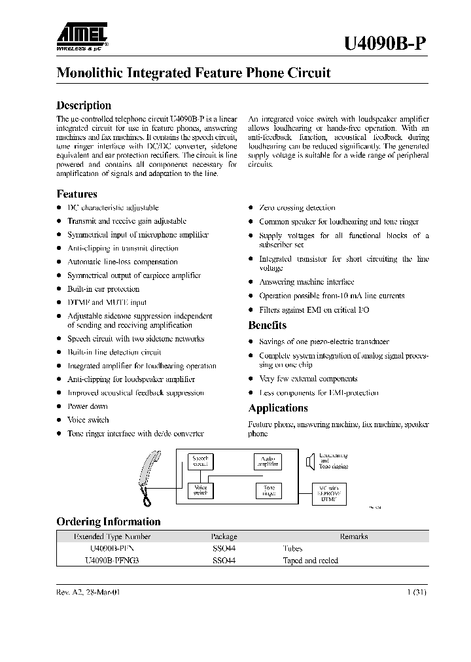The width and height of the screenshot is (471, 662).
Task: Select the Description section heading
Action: click(84, 105)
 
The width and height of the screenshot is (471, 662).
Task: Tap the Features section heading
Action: click(77, 194)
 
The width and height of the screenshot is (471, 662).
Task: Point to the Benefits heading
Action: click(267, 325)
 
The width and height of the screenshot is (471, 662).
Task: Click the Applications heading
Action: click(277, 408)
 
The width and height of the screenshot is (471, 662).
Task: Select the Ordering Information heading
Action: click(108, 521)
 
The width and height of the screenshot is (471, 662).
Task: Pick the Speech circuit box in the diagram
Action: click(200, 462)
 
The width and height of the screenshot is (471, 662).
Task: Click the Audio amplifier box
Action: click(268, 462)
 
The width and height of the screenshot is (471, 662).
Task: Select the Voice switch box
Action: click(200, 490)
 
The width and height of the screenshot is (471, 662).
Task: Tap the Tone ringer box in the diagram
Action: click(268, 491)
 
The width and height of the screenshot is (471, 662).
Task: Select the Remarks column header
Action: click(353, 536)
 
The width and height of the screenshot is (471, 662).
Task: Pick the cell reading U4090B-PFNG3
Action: click(112, 561)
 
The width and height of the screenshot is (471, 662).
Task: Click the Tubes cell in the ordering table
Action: click(292, 549)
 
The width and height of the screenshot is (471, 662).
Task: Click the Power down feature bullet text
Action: click(88, 406)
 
